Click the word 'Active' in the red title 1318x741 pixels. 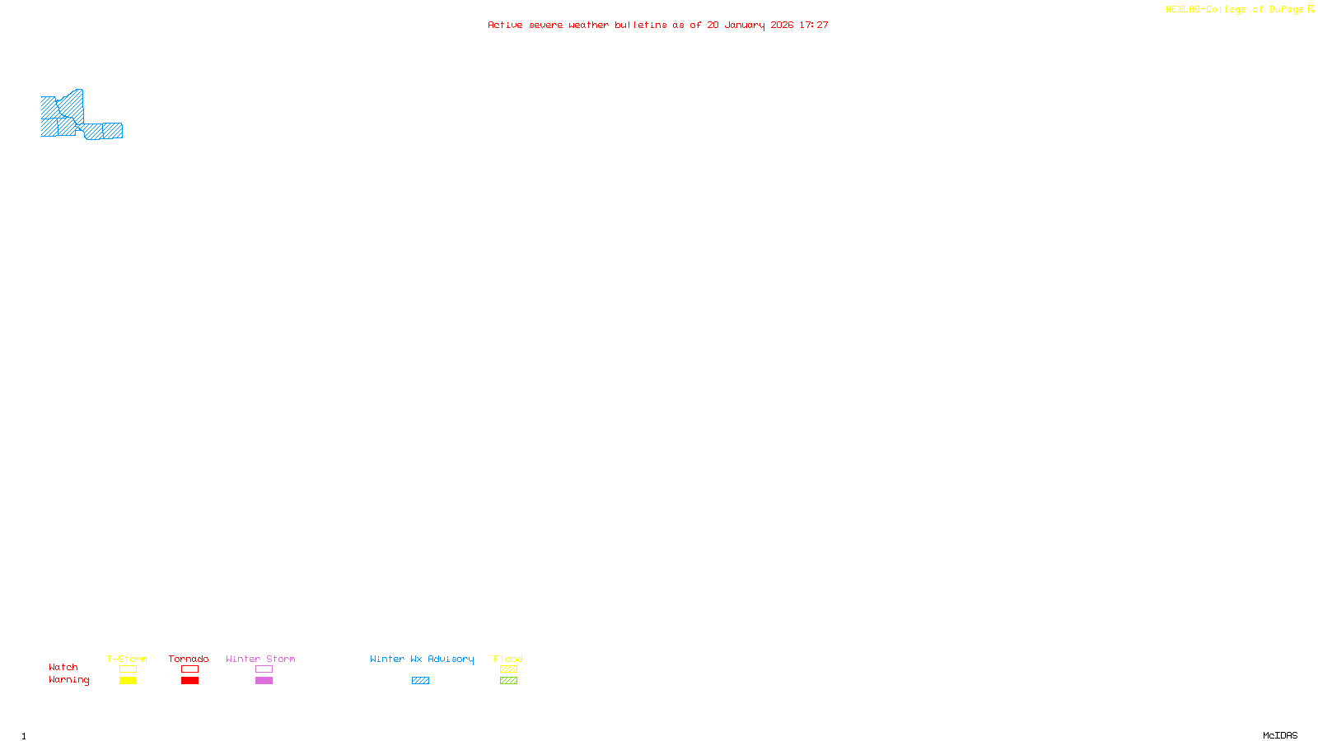click(504, 25)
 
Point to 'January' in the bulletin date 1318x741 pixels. click(745, 25)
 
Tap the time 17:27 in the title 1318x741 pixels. click(814, 25)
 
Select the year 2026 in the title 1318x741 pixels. click(782, 25)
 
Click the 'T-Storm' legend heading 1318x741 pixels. click(127, 659)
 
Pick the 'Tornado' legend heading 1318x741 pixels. click(189, 659)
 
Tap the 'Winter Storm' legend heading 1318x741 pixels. click(260, 659)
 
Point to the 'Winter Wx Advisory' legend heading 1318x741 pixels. click(422, 659)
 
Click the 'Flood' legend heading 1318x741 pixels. click(508, 659)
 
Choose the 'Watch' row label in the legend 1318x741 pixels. click(63, 667)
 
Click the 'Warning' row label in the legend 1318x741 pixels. click(69, 680)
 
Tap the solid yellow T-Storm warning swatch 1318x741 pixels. click(128, 681)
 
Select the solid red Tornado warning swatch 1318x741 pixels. click(190, 681)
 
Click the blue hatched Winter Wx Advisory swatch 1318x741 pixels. click(420, 681)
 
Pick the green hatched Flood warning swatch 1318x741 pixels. click(508, 681)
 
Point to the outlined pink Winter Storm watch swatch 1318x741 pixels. click(264, 669)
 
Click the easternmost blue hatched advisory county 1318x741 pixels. click(113, 130)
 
